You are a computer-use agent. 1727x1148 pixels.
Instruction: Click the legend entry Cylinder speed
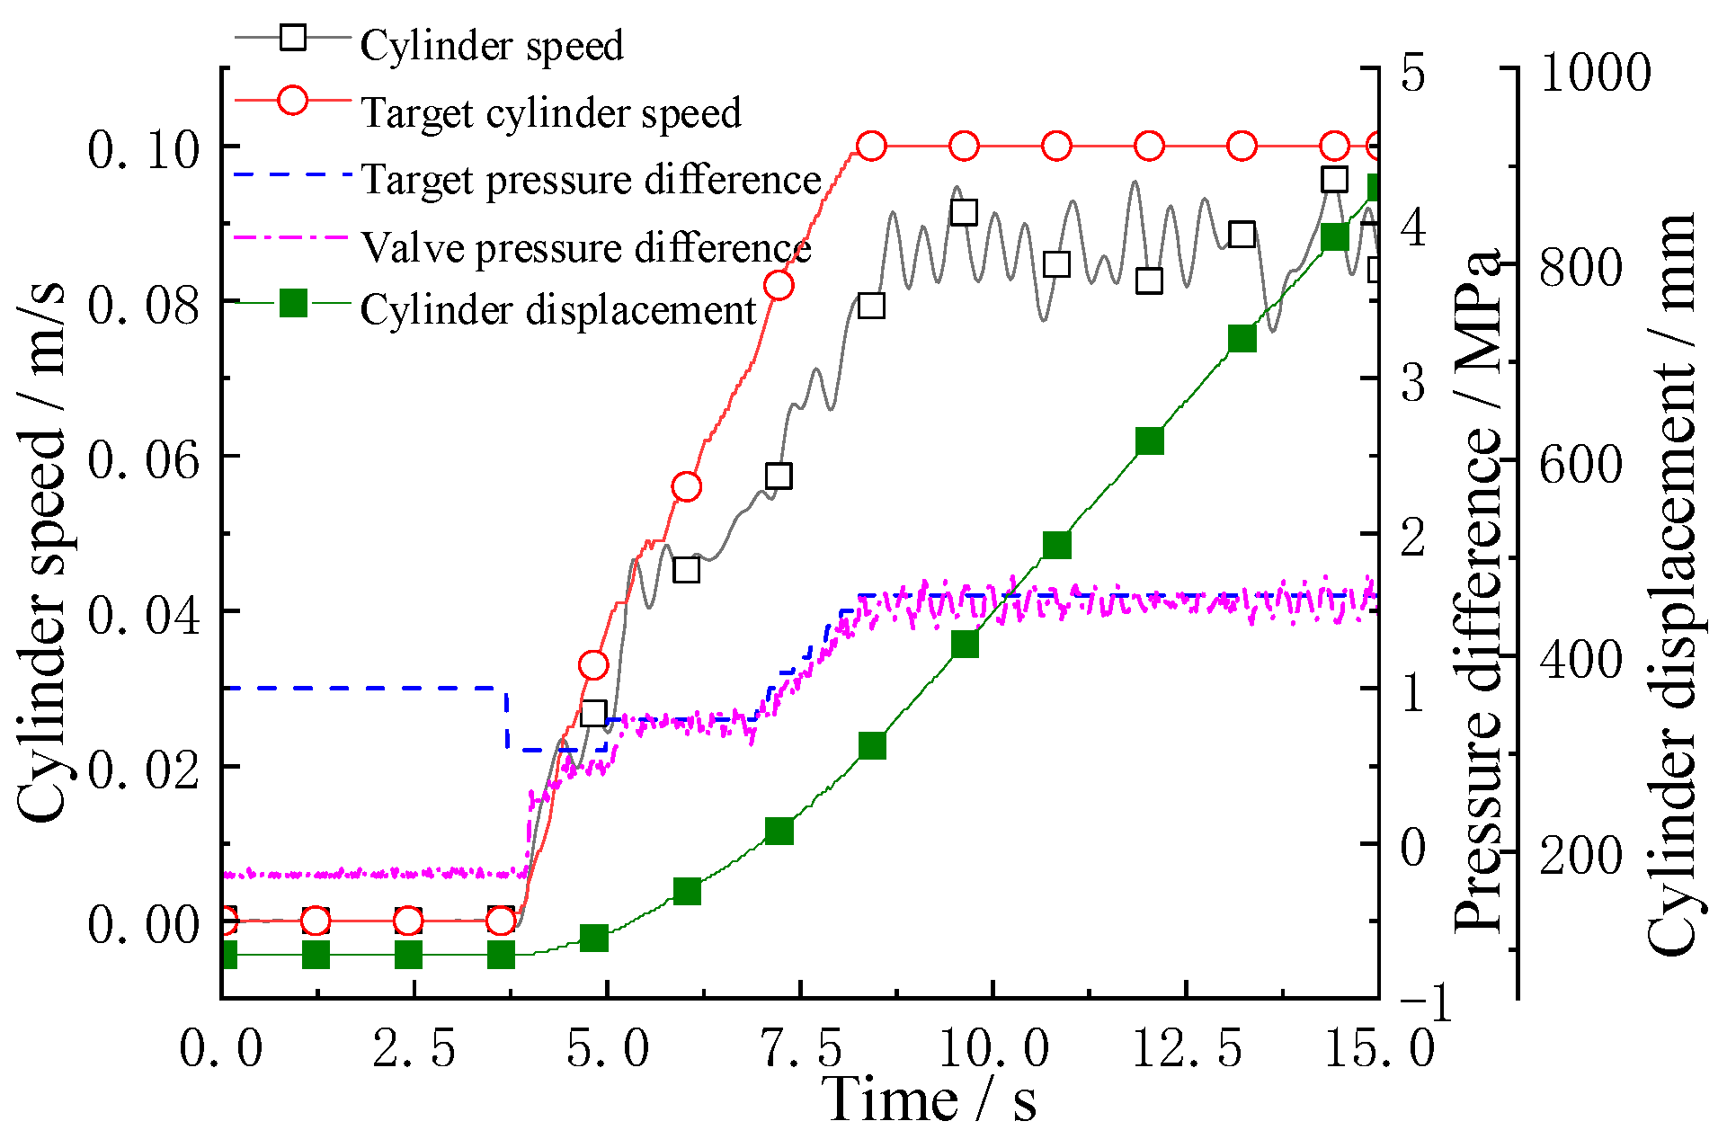(491, 45)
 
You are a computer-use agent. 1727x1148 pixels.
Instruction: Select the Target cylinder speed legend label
(550, 112)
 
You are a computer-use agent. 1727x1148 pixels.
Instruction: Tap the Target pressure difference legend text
(591, 179)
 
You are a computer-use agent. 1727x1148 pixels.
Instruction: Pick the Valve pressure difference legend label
(585, 246)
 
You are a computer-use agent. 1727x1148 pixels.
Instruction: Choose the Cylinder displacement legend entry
(558, 309)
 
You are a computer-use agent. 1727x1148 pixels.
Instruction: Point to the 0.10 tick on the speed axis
(143, 149)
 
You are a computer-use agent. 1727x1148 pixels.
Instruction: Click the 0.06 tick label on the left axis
(143, 460)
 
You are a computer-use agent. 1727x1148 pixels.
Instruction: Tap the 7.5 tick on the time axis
(800, 1048)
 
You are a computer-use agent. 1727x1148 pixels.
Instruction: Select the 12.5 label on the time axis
(1187, 1048)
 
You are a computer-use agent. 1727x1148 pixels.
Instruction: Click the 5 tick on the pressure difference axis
(1413, 72)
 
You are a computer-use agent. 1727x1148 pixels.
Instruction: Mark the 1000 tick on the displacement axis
(1595, 72)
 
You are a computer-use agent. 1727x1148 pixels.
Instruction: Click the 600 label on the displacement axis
(1580, 464)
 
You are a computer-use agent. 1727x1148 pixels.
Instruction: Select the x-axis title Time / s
(930, 1099)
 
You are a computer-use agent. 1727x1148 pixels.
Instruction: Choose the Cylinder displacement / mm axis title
(1670, 584)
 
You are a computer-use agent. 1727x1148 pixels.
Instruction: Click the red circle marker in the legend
(293, 99)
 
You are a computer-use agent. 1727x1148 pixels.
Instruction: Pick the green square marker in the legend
(293, 303)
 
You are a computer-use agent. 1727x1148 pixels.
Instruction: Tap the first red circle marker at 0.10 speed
(870, 146)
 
